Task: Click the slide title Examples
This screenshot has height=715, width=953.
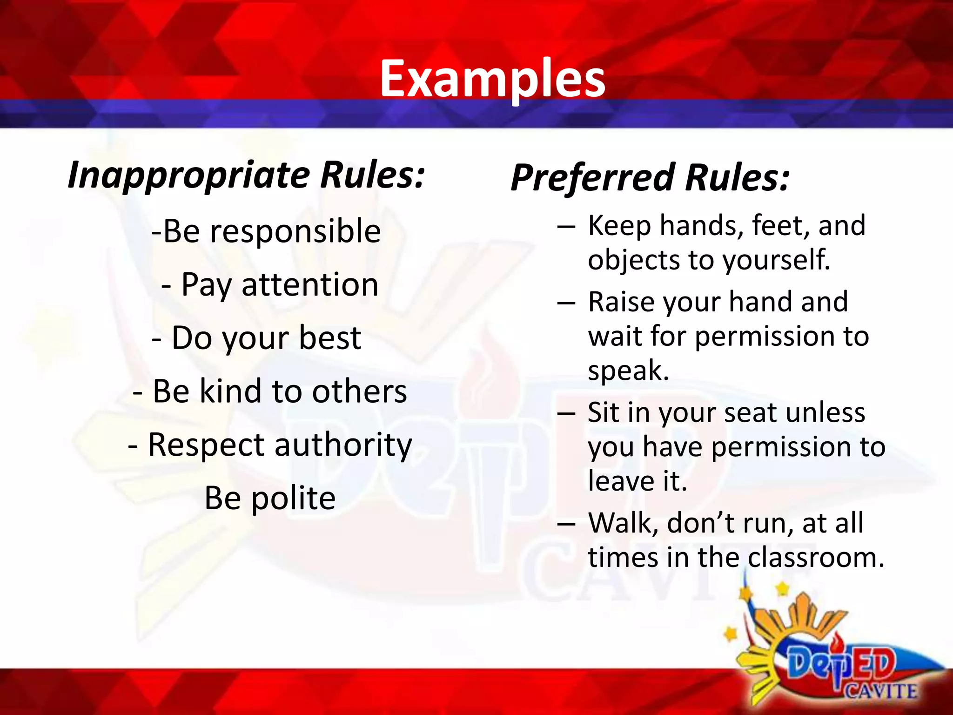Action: (492, 79)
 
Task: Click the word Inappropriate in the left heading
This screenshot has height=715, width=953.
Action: (188, 175)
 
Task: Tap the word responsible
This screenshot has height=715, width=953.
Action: (295, 231)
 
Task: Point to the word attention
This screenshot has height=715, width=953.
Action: (310, 285)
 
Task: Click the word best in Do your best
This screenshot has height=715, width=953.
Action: (329, 338)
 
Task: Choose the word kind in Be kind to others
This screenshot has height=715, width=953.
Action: (230, 391)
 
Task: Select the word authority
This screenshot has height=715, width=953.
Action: (343, 445)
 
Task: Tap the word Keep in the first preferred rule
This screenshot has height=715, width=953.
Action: (619, 226)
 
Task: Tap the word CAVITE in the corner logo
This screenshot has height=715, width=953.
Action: (881, 690)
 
